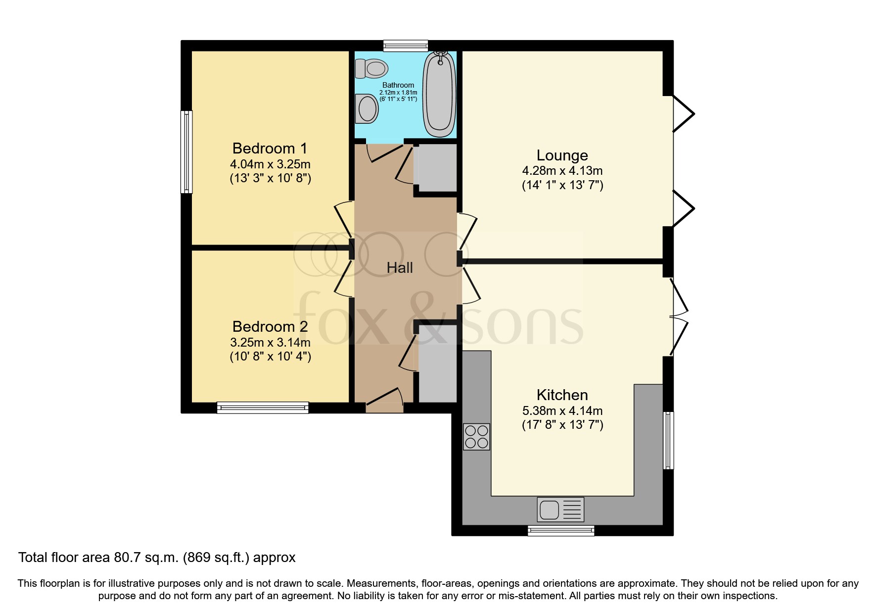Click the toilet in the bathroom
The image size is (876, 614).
coord(371,68)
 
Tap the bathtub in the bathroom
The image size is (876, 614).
coord(439,94)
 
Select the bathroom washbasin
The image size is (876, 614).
coord(368,109)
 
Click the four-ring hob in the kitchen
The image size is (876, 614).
coord(476,436)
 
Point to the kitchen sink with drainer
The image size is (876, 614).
coord(560,510)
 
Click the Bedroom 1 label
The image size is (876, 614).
coord(270,148)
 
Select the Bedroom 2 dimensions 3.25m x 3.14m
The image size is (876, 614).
coord(270,342)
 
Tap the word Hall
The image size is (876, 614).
coord(400,268)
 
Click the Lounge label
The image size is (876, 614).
coord(562,155)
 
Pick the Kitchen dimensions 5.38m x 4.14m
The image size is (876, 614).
coord(562,410)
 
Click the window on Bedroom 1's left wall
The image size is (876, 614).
coord(186,152)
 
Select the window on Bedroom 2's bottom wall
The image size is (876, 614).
coord(263,408)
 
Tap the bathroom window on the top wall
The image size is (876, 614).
coord(406,46)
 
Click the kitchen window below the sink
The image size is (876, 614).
coord(561,531)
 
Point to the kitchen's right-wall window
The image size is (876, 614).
coord(668,440)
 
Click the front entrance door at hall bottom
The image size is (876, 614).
coord(384,407)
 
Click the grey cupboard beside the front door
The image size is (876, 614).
coord(437,364)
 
